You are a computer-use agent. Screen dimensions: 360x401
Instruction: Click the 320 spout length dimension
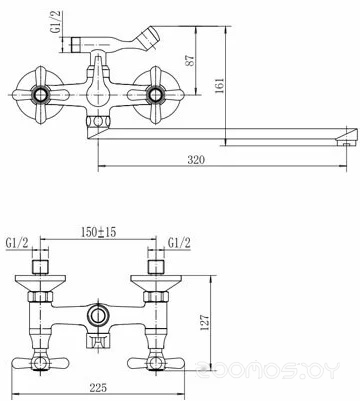(x=196, y=160)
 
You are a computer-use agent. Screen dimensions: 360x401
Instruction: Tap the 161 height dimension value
(x=220, y=86)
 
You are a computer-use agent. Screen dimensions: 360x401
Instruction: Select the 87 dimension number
(x=190, y=61)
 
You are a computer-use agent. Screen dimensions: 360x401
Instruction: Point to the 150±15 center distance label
(x=99, y=232)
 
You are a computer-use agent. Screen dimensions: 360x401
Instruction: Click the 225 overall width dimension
(x=98, y=388)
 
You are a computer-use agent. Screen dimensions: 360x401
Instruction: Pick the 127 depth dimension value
(x=205, y=322)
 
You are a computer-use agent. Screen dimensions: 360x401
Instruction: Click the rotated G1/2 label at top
(x=57, y=21)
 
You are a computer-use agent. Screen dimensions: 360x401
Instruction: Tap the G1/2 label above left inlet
(x=17, y=243)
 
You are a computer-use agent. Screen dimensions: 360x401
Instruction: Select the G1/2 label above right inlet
(x=179, y=243)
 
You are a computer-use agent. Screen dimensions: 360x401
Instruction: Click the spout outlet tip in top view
(x=347, y=137)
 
